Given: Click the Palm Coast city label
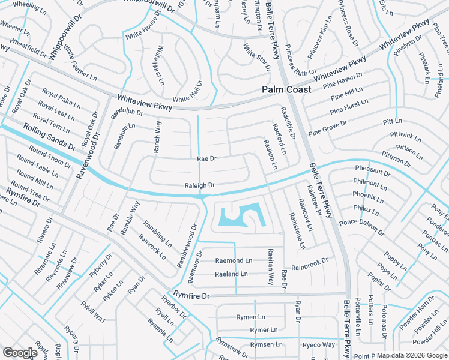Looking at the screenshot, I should tap(286, 89).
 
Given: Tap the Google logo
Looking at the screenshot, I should tap(20, 353).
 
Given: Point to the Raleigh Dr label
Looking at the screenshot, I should tap(199, 186).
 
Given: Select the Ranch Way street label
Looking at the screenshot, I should tap(157, 137).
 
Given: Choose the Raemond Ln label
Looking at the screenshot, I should tap(234, 260).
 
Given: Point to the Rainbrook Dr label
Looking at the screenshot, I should tap(310, 263).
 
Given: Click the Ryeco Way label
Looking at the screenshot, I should tap(319, 345).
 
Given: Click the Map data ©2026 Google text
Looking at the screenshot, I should tap(411, 355).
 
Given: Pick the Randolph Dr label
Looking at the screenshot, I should tap(127, 112).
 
